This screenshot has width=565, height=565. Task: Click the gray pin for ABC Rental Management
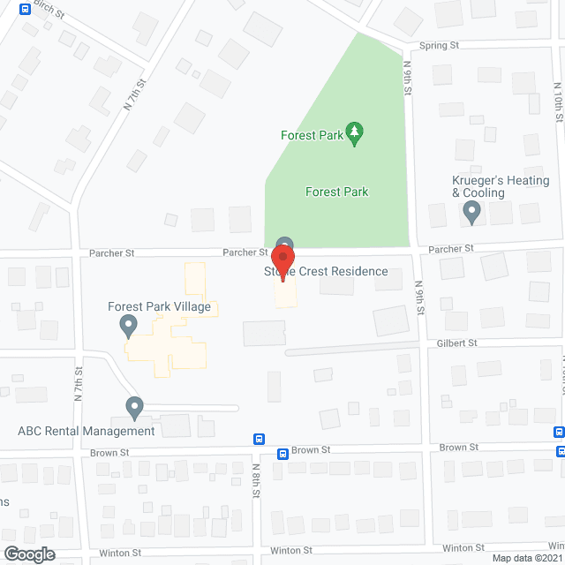point(135,408)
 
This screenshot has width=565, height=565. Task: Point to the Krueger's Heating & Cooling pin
point(471,212)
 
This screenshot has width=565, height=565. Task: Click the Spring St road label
point(439,45)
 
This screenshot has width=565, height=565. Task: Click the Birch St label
point(49,11)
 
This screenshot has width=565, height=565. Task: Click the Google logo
point(28,554)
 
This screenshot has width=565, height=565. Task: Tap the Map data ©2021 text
point(526,558)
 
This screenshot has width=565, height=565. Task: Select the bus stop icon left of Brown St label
point(282,454)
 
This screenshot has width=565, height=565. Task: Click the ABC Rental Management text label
point(87,431)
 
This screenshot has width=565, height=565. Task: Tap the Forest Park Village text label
point(159,307)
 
